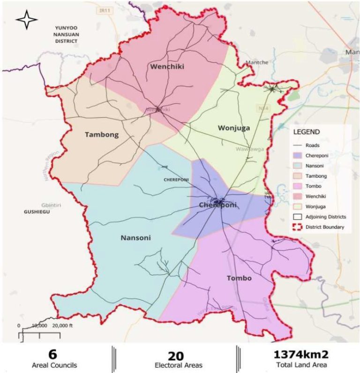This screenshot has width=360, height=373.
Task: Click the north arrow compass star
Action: [x=26, y=20]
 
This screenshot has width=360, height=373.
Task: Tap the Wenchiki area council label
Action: [x=167, y=67]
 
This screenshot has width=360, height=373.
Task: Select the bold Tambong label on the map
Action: [x=101, y=135]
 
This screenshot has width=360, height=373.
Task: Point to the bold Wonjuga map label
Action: [x=234, y=128]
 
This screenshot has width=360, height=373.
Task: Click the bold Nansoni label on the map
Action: [x=136, y=238]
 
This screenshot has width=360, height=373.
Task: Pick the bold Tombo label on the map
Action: [x=239, y=278]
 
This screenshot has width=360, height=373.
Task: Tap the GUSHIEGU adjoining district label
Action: [x=37, y=212]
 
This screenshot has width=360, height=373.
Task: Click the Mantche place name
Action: [x=257, y=62]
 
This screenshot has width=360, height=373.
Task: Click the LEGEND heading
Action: [x=307, y=132]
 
